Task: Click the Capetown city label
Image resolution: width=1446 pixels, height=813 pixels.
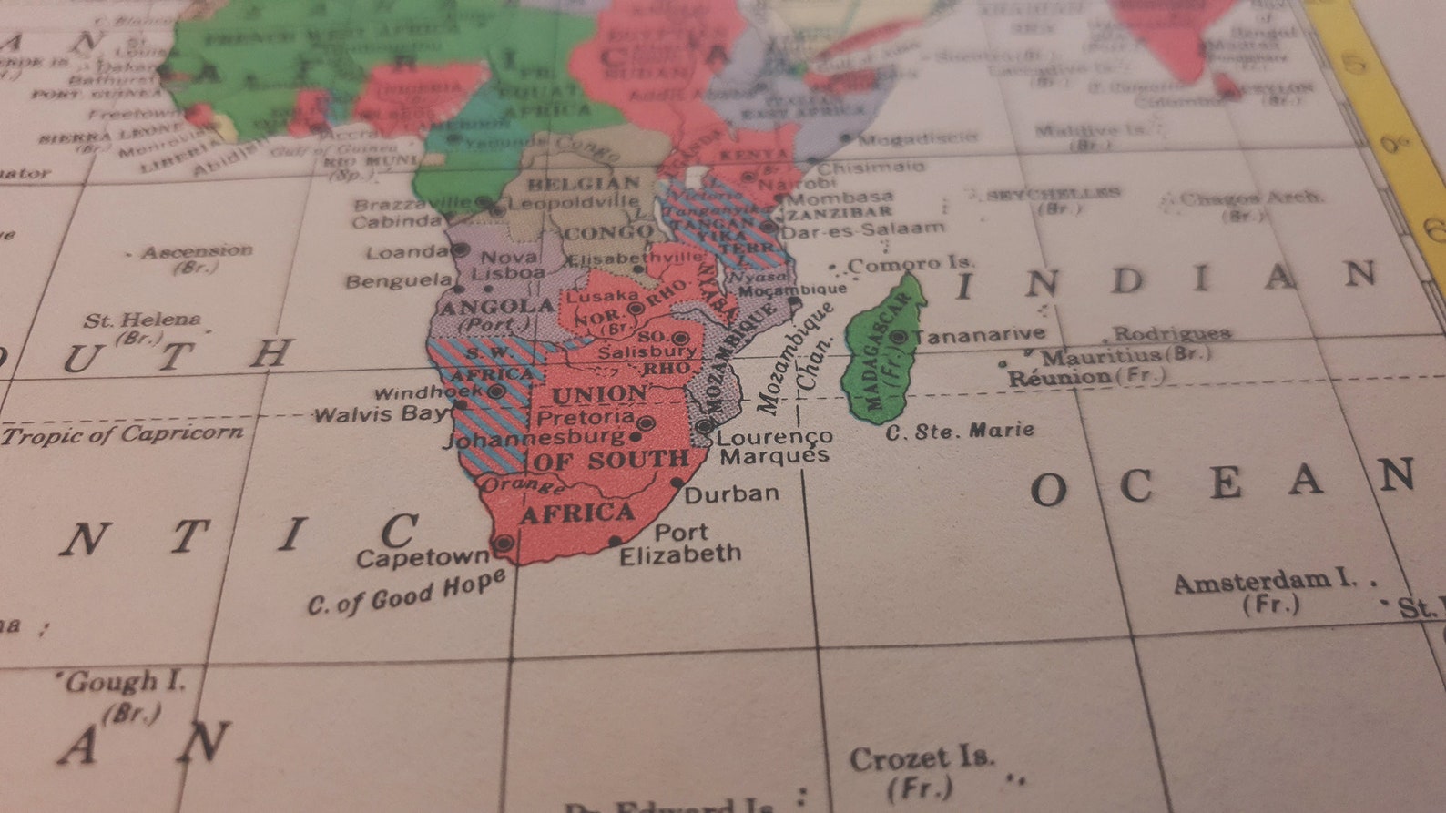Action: tap(423, 557)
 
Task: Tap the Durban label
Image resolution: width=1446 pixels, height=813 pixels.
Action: tap(732, 494)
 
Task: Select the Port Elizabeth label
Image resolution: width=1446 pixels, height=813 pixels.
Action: tap(680, 544)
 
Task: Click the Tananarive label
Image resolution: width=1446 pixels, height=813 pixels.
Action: tap(980, 336)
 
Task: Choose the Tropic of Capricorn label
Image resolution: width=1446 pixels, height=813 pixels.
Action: tap(123, 434)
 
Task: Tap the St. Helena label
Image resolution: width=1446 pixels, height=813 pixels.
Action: tap(142, 320)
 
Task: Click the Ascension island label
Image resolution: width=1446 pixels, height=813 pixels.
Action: tap(197, 251)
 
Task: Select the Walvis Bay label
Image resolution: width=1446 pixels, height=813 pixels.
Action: tap(381, 415)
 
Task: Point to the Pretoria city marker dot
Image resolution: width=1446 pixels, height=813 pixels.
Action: tap(646, 423)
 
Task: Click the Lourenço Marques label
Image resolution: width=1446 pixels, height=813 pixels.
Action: tap(774, 446)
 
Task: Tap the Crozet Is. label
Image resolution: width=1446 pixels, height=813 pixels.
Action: tap(922, 758)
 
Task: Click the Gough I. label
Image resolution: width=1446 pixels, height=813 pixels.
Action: tap(125, 682)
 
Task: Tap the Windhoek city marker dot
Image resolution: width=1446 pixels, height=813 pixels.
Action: tap(496, 391)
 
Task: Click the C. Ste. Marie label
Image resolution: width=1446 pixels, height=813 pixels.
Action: tap(961, 431)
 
